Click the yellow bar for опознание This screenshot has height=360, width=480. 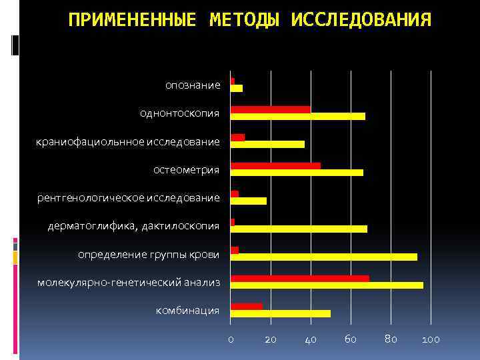tap(237, 88)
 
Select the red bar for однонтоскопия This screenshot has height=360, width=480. tap(270, 109)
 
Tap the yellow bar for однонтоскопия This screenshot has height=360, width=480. tap(297, 116)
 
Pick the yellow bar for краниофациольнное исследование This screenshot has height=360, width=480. tap(267, 144)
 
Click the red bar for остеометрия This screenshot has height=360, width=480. tap(275, 165)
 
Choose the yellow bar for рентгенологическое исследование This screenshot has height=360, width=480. tap(248, 201)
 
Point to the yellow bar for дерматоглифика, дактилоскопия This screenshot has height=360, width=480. tap(299, 229)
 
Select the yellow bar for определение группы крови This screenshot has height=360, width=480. tap(323, 257)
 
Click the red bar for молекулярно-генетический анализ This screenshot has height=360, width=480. tap(299, 278)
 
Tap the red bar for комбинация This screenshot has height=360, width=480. tap(246, 306)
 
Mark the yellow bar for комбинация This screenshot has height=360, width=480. tap(280, 313)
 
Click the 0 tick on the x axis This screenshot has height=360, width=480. tap(231, 339)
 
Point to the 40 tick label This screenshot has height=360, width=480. tap(310, 339)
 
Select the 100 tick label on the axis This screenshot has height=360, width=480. tap(431, 339)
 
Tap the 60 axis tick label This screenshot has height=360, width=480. tap(350, 339)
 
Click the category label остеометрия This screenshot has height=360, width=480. tap(186, 169)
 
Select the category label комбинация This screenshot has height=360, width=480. tap(187, 310)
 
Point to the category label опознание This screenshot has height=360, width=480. tap(193, 85)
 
